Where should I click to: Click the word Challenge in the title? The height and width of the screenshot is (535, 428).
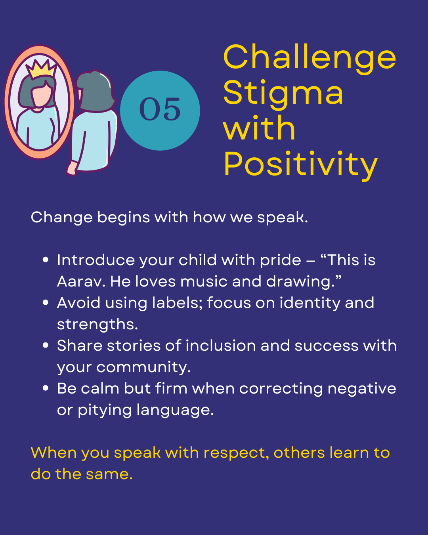(x=310, y=59)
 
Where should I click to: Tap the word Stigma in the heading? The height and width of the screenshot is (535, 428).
(x=283, y=95)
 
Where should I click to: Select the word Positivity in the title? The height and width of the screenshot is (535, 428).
(x=300, y=166)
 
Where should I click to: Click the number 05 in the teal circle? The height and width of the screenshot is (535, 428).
(x=160, y=109)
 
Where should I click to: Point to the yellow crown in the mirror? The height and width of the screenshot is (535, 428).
(x=41, y=69)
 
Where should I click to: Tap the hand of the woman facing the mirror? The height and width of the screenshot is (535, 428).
(x=72, y=168)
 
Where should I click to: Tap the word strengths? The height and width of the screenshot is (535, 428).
(x=97, y=325)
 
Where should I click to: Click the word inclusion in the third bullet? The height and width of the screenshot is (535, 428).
(x=221, y=346)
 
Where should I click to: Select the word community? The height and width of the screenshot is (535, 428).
(x=143, y=367)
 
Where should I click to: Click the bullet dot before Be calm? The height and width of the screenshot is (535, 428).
(x=46, y=388)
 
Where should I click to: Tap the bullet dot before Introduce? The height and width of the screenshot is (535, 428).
(x=46, y=260)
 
